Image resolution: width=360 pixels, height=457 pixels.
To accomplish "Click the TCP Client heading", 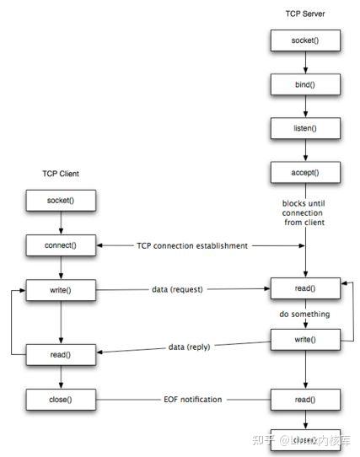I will [61, 174].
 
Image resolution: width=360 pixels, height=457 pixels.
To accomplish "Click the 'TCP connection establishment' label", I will [192, 245].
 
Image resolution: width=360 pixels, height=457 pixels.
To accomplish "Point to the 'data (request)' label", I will [178, 289].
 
